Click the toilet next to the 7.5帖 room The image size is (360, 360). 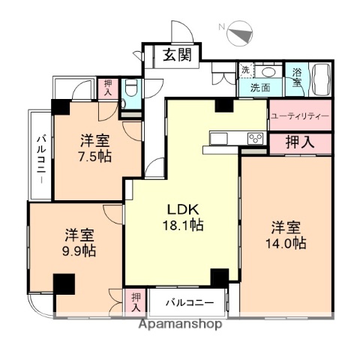[130, 91]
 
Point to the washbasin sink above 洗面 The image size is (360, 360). [268, 73]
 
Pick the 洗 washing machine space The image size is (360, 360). [245, 70]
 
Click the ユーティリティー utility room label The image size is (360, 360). [299, 115]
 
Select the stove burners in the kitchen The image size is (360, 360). [255, 137]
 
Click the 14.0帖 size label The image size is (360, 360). [288, 243]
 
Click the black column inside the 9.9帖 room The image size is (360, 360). [64, 284]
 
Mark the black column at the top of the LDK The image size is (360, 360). [223, 105]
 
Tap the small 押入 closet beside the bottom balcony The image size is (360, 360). [136, 301]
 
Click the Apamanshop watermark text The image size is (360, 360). [178, 325]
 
